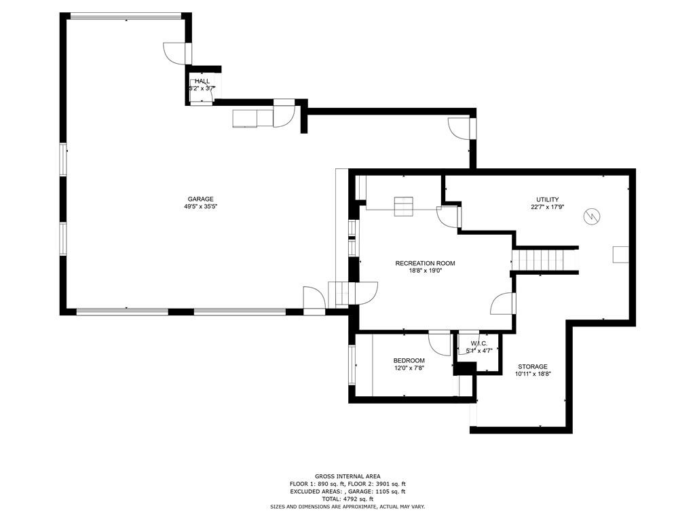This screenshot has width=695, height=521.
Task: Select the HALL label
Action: pos(202,81)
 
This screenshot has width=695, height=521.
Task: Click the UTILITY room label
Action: pos(547,199)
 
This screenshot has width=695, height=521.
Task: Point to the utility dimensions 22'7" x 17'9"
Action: pos(547,208)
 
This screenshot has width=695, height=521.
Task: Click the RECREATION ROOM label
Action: pos(426,263)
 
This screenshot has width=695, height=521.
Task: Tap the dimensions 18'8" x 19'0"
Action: pos(426,271)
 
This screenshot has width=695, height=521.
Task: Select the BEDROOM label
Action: pos(409,360)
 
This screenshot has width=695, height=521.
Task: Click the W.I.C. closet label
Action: pos(479,343)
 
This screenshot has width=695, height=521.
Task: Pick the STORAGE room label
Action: pos(533,366)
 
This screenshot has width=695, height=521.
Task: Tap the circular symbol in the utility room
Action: pos(593,216)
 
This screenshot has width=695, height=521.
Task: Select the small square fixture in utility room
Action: pos(620,254)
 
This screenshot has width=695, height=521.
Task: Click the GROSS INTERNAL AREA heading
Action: pos(347,476)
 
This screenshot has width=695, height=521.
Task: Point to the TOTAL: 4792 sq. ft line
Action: pos(347,499)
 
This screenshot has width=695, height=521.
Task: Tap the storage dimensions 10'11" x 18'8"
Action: pos(533,374)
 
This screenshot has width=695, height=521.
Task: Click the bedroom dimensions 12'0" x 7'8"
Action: pos(409,368)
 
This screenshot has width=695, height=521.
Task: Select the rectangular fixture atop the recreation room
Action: pos(404,206)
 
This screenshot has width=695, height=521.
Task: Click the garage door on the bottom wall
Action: pos(122,311)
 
